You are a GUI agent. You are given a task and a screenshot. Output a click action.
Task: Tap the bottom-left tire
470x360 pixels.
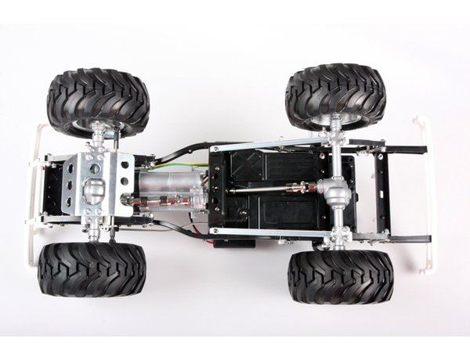(x=92, y=268)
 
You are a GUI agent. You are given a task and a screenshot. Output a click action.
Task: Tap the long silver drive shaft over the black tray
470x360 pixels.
(x=262, y=188)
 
